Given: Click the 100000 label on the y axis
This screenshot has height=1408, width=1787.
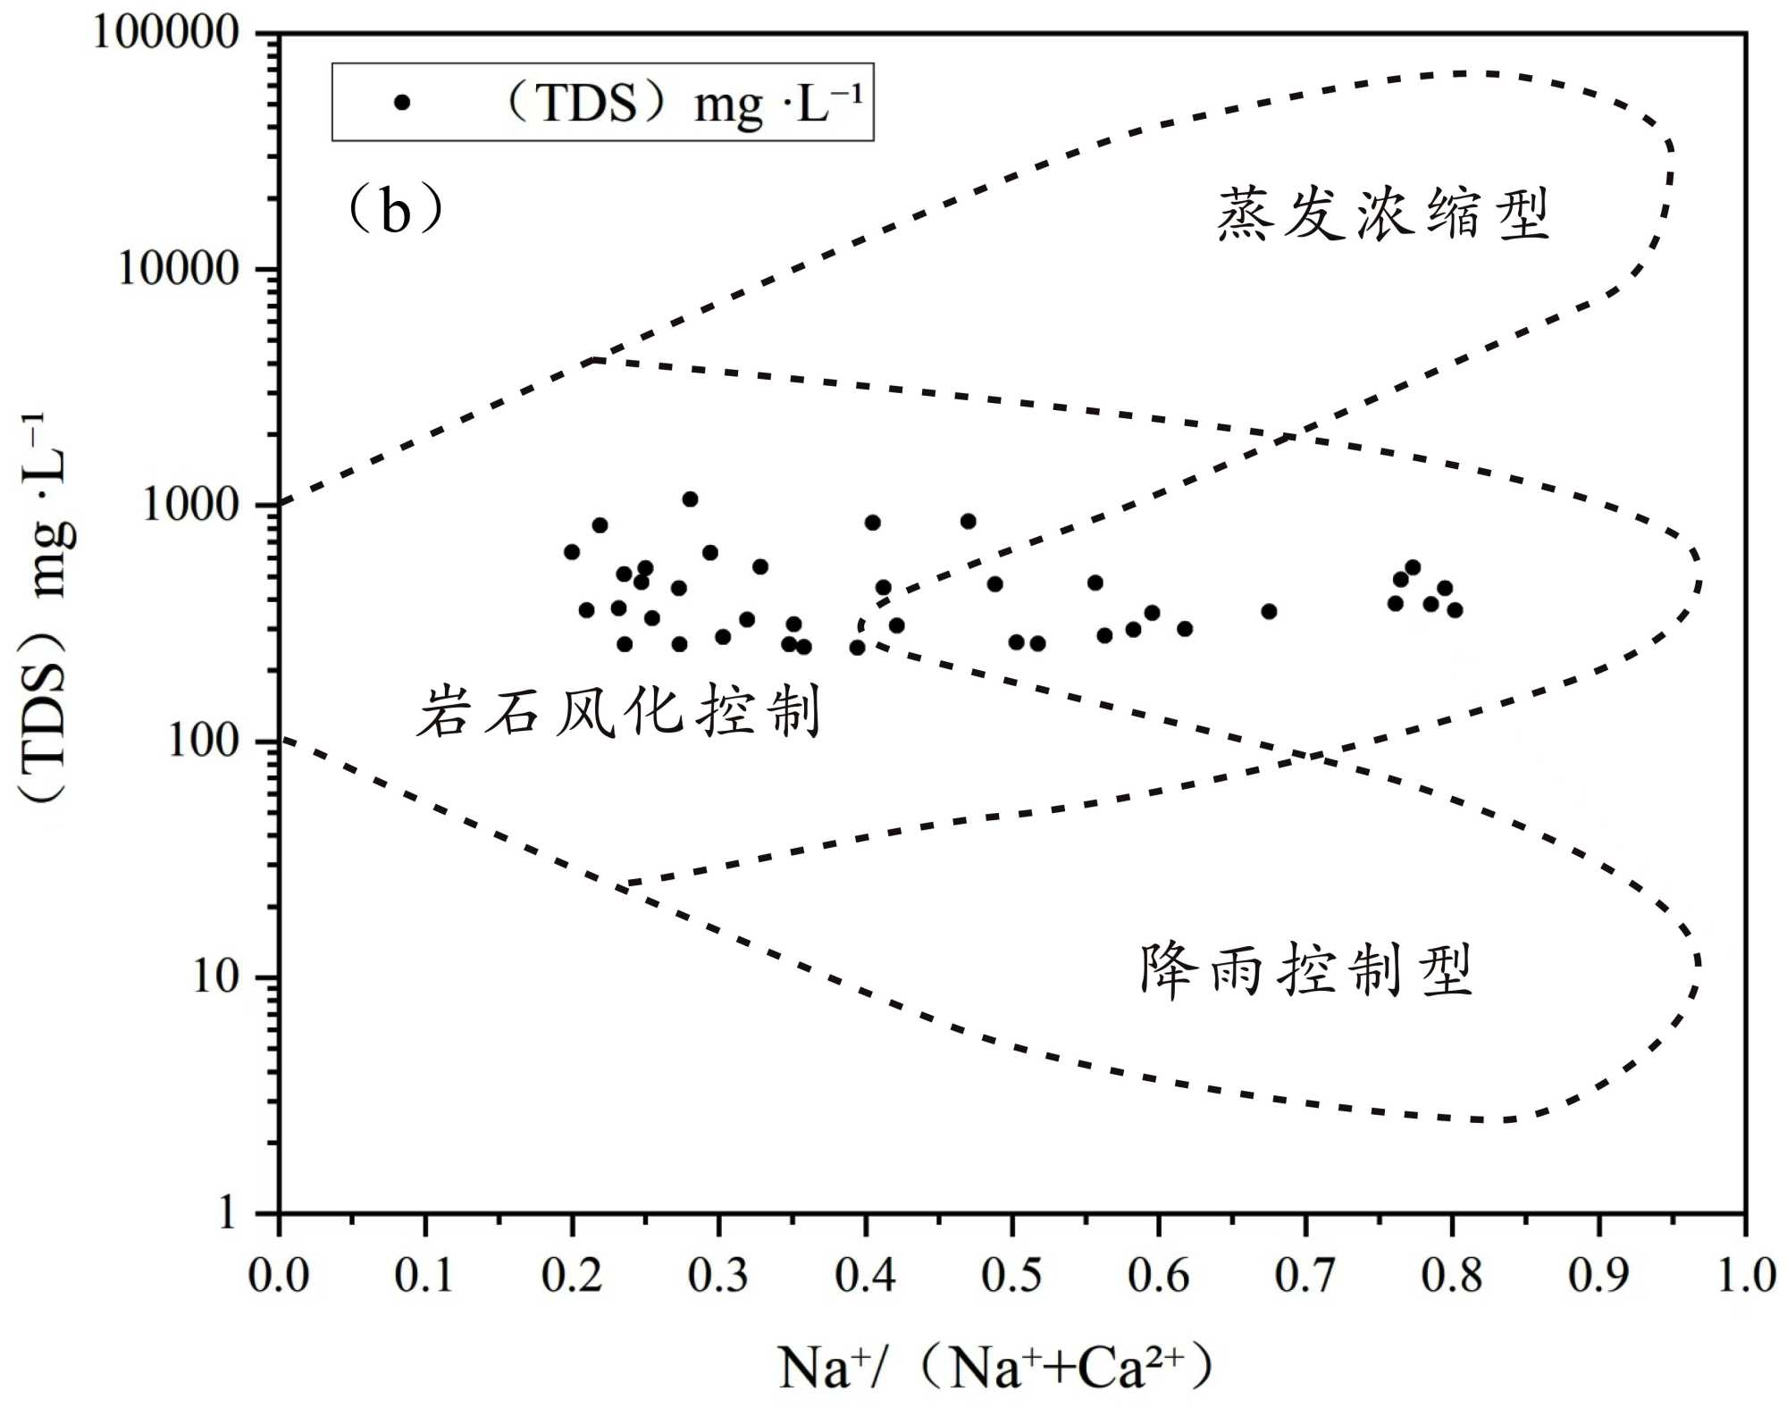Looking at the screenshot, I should coord(166,33).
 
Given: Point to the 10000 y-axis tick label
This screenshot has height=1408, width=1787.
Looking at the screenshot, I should coord(179,268).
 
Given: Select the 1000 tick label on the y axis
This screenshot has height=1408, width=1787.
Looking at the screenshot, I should coord(191,505).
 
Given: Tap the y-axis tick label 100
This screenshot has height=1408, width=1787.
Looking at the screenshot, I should coord(204,741).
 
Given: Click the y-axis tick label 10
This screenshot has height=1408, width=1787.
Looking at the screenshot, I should coord(216,976).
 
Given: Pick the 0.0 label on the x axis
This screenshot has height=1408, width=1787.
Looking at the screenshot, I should coord(279,1274).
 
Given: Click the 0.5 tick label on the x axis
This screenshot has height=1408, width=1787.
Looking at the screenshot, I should coord(1011,1274).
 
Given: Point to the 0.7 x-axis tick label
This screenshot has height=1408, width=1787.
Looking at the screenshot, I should coord(1305,1274).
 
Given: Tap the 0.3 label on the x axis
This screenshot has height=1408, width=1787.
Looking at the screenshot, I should coord(718,1274).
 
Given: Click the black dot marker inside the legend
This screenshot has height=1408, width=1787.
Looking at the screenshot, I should coord(402,103).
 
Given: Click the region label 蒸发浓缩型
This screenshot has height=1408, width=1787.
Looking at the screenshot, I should coord(1382,214).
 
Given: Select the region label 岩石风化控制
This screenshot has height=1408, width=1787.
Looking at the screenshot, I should coord(618,712).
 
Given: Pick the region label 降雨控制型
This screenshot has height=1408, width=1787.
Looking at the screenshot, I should coord(1305,969).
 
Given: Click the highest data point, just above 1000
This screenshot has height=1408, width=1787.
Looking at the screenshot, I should coord(690,499).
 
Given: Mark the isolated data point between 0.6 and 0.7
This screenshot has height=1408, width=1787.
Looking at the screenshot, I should coord(1269,611).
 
